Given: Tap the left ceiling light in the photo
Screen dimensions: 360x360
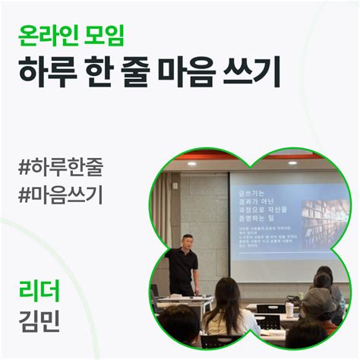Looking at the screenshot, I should click(x=192, y=163).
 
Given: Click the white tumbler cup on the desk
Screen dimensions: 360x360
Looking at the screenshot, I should click(x=289, y=309).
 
